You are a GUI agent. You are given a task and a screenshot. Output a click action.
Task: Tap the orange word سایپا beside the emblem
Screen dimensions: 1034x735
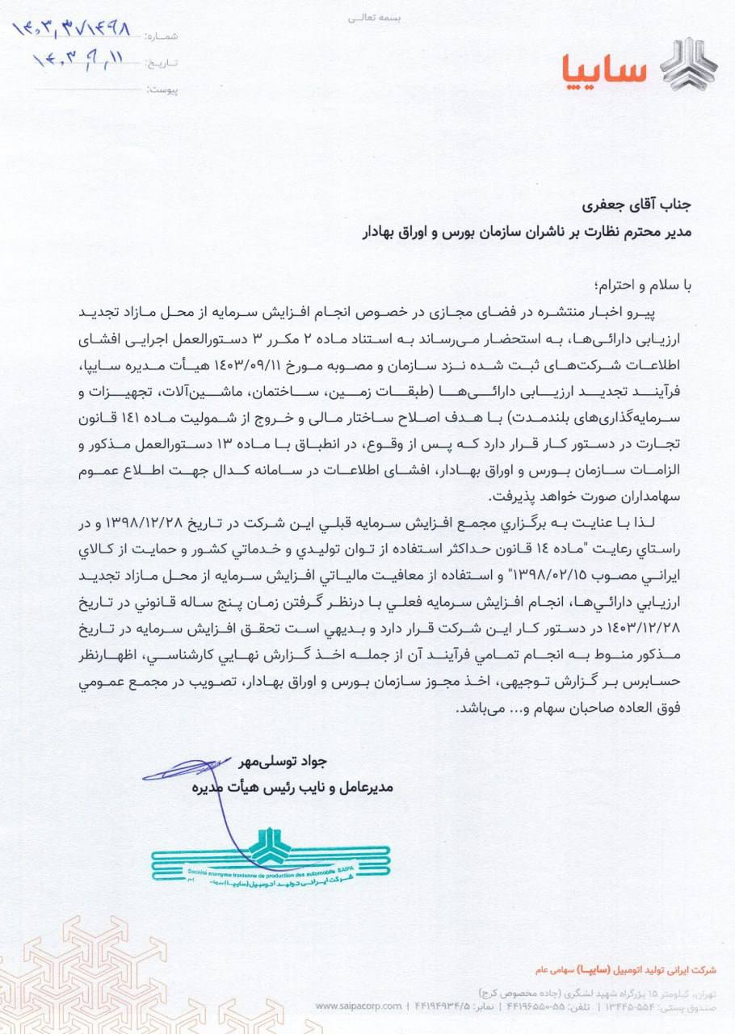click(x=605, y=69)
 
